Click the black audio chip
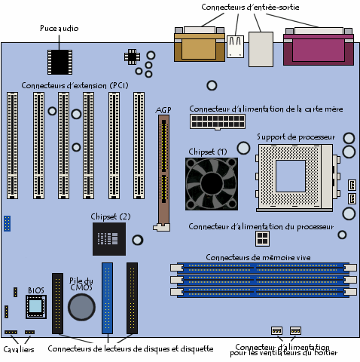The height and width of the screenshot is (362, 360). click(x=59, y=62)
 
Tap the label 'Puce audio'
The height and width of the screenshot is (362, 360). click(x=59, y=28)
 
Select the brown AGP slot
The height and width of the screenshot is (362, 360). click(x=163, y=171)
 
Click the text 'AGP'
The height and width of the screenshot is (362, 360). click(x=163, y=110)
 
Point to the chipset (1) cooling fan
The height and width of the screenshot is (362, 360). click(x=212, y=184)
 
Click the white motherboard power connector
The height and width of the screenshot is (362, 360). click(x=218, y=121)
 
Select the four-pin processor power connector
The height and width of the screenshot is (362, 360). click(x=262, y=238)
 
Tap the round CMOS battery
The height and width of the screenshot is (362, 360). click(x=81, y=307)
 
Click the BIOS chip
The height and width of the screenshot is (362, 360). click(x=36, y=307)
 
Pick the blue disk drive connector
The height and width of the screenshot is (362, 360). click(x=107, y=298)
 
